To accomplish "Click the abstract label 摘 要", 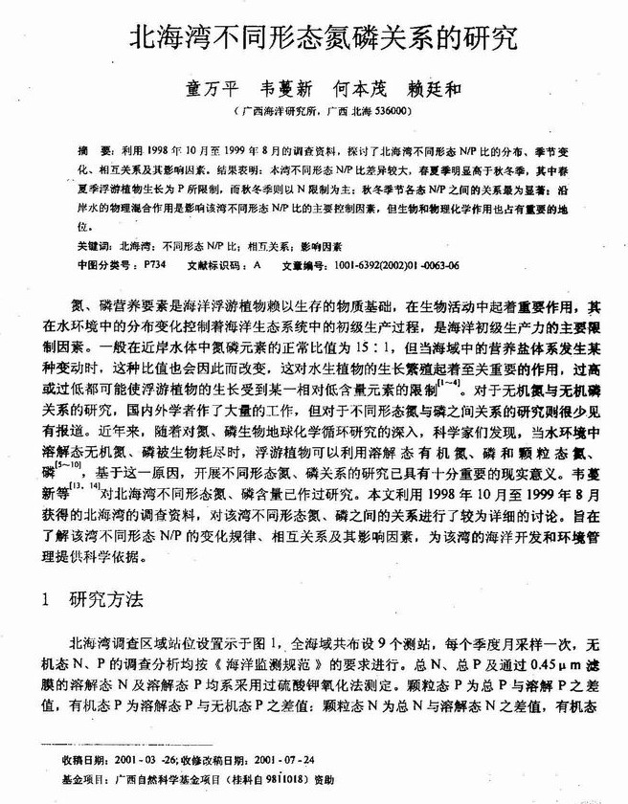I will tap(91, 151).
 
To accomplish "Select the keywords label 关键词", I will tap(95, 246).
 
